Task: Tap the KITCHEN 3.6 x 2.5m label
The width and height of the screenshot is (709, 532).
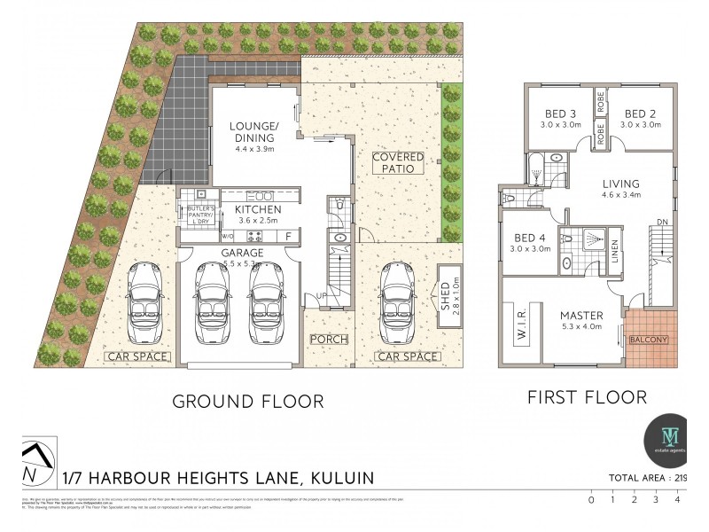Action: click(257, 214)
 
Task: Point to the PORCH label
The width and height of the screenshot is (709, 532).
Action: click(328, 340)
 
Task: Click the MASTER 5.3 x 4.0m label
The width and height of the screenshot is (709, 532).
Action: click(581, 321)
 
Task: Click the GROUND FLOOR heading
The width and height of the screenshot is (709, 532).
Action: click(248, 401)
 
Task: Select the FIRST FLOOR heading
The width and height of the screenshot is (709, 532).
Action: click(587, 396)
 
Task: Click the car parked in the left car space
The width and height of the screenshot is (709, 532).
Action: click(143, 304)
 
